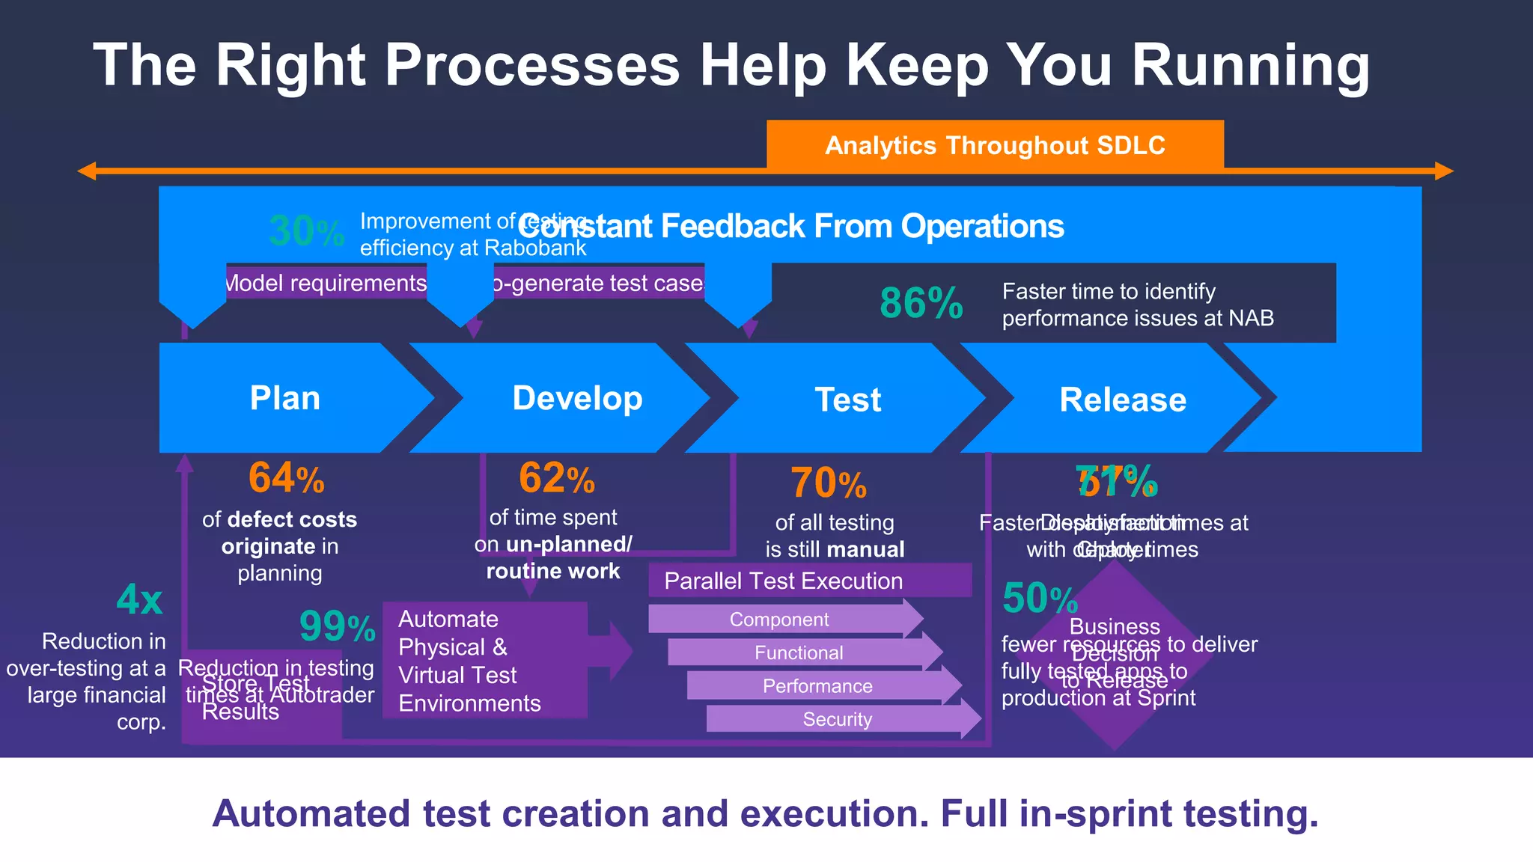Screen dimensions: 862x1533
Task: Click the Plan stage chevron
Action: coord(284,398)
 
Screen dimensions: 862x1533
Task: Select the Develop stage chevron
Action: coord(576,398)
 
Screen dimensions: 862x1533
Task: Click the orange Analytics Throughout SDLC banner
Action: coord(995,144)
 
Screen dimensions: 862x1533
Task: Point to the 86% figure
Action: coord(921,303)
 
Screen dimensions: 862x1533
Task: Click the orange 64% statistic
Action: coord(286,478)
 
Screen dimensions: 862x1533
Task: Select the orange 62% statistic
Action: coord(556,478)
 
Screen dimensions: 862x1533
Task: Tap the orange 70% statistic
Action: coord(828,483)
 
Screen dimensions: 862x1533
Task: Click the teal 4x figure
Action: coord(139,599)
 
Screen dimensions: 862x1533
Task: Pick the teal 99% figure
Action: coord(337,626)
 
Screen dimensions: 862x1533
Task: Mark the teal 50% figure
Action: coord(1039,599)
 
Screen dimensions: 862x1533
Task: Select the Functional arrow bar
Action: coord(799,652)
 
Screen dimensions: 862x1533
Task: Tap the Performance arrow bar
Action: coord(818,686)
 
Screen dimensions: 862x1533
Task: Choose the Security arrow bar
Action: coord(838,719)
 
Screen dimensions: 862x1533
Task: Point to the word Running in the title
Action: coord(1250,66)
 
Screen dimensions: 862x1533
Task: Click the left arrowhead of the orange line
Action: coord(87,171)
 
